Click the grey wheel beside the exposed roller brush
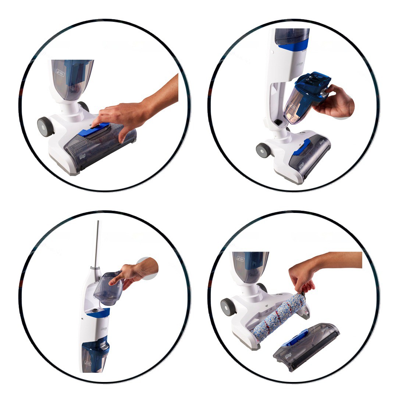coord(228,307)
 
